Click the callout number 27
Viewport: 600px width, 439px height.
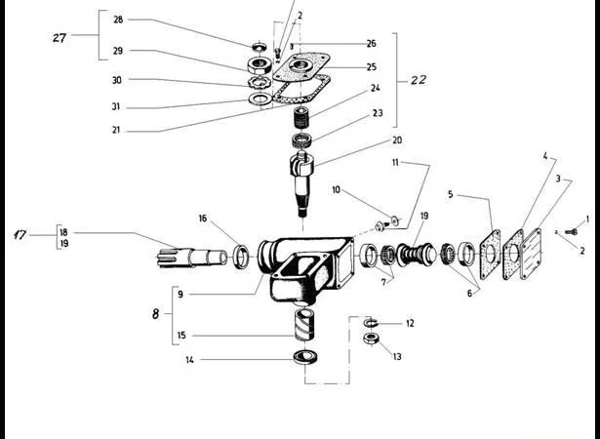point(60,37)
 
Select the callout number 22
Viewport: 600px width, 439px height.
point(419,80)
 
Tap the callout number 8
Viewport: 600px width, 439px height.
point(155,314)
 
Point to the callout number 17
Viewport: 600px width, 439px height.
point(20,234)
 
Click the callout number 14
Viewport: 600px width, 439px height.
point(190,360)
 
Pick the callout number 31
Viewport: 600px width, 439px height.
point(116,106)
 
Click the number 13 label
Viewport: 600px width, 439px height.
point(397,357)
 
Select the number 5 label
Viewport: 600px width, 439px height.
point(451,194)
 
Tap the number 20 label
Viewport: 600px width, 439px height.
point(397,140)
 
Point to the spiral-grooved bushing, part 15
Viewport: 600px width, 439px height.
point(304,325)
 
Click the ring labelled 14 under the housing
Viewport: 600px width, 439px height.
point(305,357)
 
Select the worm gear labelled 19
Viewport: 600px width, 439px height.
point(416,255)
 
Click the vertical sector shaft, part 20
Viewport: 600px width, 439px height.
point(302,183)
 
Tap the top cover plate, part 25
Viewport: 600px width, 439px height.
point(301,66)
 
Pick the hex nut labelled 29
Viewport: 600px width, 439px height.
point(260,65)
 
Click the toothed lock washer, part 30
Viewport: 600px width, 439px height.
point(260,82)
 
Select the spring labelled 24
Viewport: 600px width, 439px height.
point(302,118)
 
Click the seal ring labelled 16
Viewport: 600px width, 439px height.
point(241,256)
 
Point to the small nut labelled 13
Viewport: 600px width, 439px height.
point(371,339)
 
